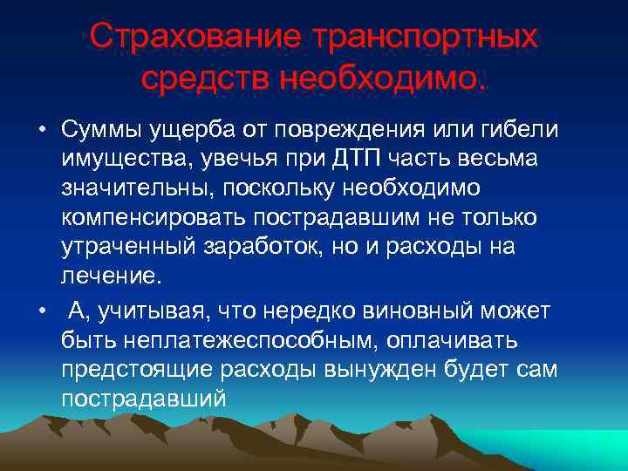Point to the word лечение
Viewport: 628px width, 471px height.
(111, 277)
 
